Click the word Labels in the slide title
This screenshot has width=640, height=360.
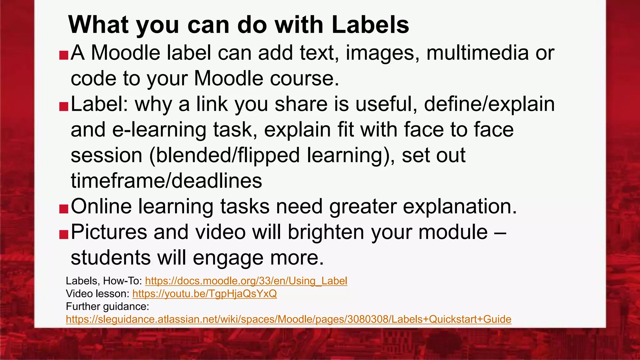pyautogui.click(x=370, y=25)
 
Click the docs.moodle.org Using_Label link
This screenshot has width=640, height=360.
pyautogui.click(x=246, y=281)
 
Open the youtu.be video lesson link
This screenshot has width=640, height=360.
pyautogui.click(x=204, y=294)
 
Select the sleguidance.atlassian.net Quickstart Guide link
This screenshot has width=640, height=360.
pyautogui.click(x=288, y=319)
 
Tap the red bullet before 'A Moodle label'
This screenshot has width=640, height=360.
pyautogui.click(x=63, y=55)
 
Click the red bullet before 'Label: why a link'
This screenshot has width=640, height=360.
pyautogui.click(x=63, y=107)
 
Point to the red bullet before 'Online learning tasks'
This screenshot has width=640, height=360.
pyautogui.click(x=63, y=209)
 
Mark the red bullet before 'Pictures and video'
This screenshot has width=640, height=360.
pyautogui.click(x=63, y=234)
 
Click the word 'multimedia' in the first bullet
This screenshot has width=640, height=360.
pyautogui.click(x=477, y=53)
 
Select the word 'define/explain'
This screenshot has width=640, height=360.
pyautogui.click(x=489, y=104)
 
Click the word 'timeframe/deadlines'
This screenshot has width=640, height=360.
pyautogui.click(x=166, y=181)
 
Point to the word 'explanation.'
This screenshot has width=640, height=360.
pyautogui.click(x=460, y=207)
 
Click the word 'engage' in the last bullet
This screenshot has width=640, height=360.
pyautogui.click(x=228, y=258)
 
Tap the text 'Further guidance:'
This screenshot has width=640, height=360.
pyautogui.click(x=107, y=307)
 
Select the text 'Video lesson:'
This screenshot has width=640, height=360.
pyautogui.click(x=97, y=294)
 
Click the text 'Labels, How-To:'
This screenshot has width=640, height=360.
pyautogui.click(x=104, y=281)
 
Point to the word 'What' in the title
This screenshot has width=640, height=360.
pyautogui.click(x=98, y=25)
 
